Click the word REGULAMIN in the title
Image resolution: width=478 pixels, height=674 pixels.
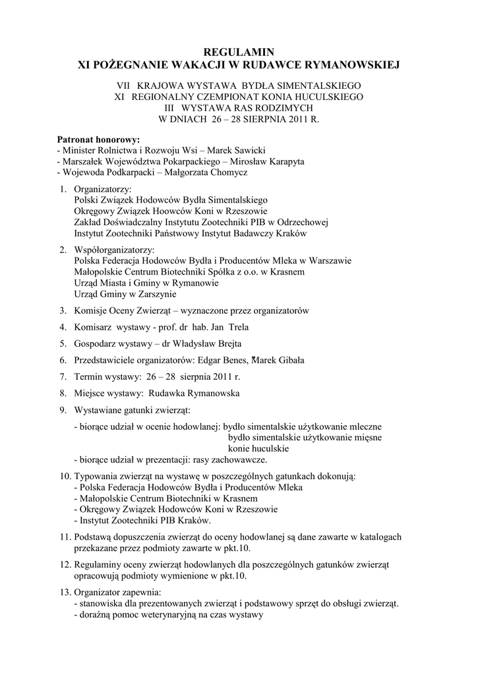point(239,52)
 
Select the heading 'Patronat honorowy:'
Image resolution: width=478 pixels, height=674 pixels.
point(98,140)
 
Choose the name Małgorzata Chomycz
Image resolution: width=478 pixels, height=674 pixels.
point(206,172)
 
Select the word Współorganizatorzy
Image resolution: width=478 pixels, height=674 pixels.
point(114,250)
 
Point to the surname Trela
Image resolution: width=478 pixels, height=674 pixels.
point(236,327)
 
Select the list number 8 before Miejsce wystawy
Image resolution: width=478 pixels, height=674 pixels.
point(63,394)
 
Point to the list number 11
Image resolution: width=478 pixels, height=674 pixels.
point(64,537)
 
